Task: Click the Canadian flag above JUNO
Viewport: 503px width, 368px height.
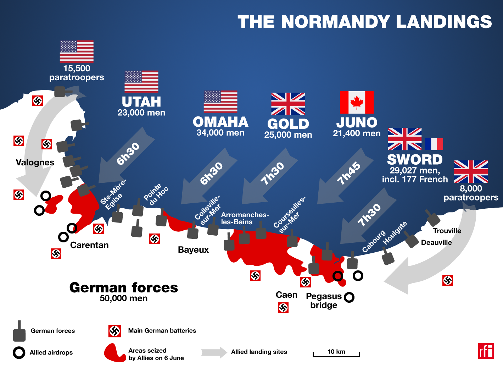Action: click(357, 103)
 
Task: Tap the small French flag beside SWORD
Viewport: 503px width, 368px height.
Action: click(434, 144)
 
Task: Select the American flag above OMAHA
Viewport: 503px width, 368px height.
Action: click(220, 102)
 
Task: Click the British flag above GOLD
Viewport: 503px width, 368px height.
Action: click(288, 104)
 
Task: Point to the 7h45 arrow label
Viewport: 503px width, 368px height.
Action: click(348, 174)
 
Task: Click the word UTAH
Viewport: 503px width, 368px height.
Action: click(141, 102)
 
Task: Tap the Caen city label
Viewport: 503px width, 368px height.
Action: click(286, 295)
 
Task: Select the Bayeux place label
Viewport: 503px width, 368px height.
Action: click(193, 250)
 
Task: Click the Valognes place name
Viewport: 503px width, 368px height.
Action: click(35, 163)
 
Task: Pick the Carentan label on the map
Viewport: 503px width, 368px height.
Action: click(89, 245)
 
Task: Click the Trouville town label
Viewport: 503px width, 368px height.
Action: click(447, 231)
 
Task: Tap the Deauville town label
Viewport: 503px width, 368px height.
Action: click(436, 243)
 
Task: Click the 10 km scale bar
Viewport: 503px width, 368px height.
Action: click(336, 354)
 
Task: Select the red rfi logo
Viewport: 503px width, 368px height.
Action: click(486, 351)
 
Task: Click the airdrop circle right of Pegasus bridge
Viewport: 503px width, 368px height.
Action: click(349, 297)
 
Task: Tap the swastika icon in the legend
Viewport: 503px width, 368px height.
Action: click(114, 331)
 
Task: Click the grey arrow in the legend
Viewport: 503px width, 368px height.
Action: click(214, 352)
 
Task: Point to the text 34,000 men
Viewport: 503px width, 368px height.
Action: click(220, 133)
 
